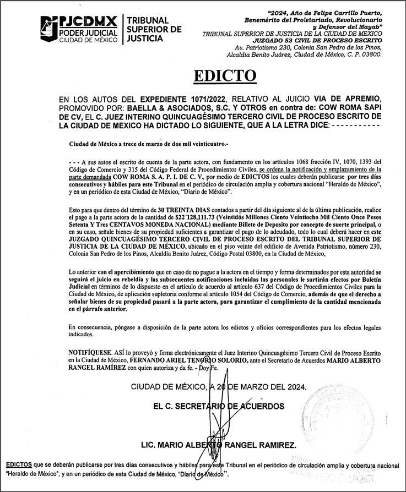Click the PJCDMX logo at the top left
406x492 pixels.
tap(79, 29)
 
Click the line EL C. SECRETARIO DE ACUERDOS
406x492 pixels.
tap(219, 406)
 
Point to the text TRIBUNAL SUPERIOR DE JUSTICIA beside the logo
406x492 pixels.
tap(153, 29)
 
